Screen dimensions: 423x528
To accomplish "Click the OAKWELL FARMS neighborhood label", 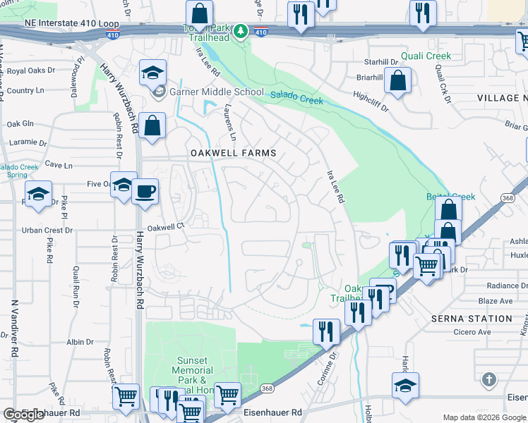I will tap(232, 153).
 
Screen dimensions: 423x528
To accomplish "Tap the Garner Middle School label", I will tap(209, 92).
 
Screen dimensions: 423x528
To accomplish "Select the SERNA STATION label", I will tap(472, 319).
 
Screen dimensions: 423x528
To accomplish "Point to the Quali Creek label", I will tap(426, 56).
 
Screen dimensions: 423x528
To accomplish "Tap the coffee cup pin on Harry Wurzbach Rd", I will tap(145, 191).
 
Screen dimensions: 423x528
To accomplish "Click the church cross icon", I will tap(488, 381).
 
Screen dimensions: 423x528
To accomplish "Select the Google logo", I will tap(23, 415).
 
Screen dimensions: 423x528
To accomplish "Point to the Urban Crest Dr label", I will tap(42, 230).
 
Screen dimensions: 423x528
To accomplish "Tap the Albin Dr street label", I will tap(75, 341).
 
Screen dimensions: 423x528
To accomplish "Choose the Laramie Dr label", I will tap(23, 141).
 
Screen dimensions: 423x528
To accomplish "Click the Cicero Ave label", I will tap(473, 332).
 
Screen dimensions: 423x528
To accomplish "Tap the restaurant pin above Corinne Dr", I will tap(326, 331).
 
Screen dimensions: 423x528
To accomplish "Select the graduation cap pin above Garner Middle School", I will tap(152, 73).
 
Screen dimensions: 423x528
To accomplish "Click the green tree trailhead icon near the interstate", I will tap(241, 31).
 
